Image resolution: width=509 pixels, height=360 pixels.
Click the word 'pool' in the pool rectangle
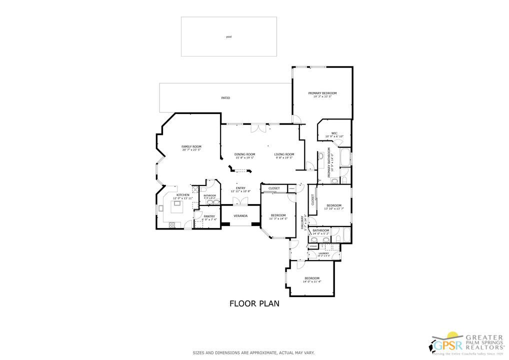coord(228,36)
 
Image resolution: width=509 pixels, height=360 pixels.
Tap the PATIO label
coord(225,97)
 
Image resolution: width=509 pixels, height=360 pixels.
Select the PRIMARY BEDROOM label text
coord(322,93)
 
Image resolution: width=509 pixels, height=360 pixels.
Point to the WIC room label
coord(334,133)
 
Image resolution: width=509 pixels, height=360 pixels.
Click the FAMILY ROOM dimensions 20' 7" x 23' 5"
coord(191,149)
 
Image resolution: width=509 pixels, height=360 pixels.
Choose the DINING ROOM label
coord(245,154)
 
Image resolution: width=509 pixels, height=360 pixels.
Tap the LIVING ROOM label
coord(284,154)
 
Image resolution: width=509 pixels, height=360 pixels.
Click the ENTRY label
coord(240,188)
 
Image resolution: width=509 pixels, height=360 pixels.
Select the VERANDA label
coord(240,215)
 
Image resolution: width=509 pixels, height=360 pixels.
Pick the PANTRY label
coord(209,216)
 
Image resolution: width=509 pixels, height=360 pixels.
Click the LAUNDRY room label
coord(323,253)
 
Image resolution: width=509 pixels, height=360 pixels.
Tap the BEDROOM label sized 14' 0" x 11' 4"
coord(312,278)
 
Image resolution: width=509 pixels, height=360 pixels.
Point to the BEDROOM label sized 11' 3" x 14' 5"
coord(278,215)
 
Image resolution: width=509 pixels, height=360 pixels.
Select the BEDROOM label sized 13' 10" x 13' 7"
coord(333,205)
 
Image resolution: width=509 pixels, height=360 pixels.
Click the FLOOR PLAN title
coord(254,303)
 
